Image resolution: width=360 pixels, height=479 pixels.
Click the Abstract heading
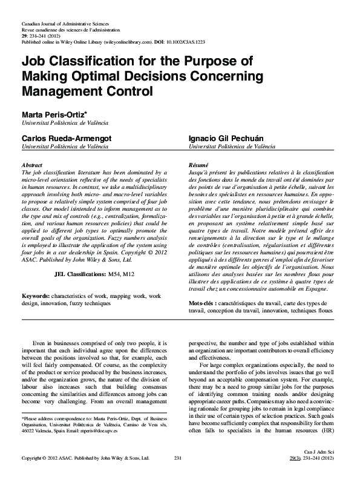[31, 165]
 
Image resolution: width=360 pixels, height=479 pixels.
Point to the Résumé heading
[198, 165]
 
